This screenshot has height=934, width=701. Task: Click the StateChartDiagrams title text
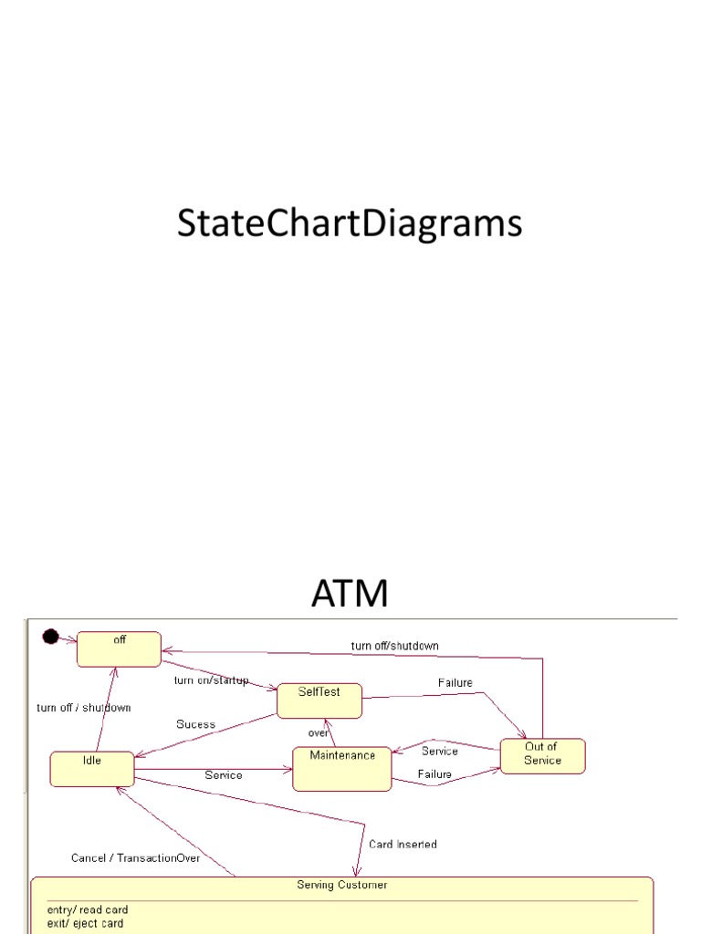click(350, 224)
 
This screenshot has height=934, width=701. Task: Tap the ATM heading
click(350, 593)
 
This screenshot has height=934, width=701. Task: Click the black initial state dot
click(51, 637)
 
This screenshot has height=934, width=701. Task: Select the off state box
click(119, 649)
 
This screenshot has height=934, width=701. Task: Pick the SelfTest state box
click(319, 700)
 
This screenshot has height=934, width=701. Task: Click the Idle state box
click(92, 768)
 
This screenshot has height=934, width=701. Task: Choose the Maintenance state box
click(342, 768)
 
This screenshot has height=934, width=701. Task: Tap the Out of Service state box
click(542, 755)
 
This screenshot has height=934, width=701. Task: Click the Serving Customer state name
click(342, 885)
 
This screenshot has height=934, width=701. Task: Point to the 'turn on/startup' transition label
click(211, 680)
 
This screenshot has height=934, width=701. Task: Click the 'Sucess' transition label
click(195, 724)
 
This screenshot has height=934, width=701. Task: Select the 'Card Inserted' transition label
click(403, 844)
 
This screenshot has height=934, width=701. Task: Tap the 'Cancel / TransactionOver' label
click(135, 858)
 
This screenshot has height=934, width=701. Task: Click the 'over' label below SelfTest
click(318, 732)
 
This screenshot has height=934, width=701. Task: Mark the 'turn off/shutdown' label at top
click(394, 646)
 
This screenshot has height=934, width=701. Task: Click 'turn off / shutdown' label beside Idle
click(83, 708)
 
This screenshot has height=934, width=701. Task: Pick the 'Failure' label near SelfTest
click(455, 682)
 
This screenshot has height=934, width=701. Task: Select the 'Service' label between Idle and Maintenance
click(224, 775)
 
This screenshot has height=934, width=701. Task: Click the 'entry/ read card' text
click(88, 909)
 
